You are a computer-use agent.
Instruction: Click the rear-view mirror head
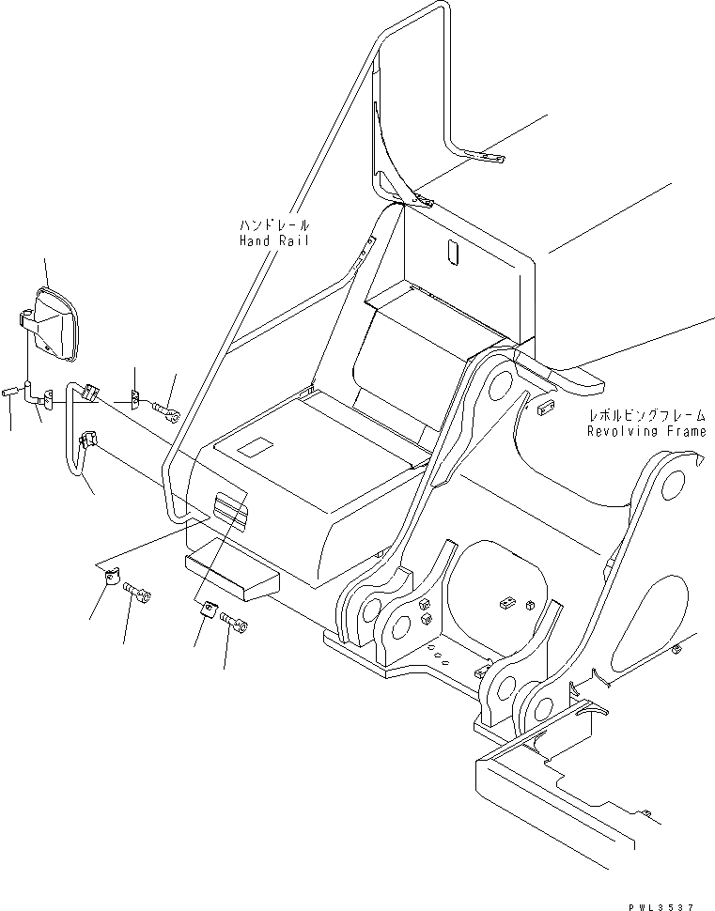click(57, 322)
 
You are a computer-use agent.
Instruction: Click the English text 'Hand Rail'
click(272, 241)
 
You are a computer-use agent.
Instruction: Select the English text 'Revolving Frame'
click(645, 431)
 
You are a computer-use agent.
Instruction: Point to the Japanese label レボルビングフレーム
click(645, 416)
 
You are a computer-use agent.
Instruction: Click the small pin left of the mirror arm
click(11, 391)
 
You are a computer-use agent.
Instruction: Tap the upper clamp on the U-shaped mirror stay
click(90, 393)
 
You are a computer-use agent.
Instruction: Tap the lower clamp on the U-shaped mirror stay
click(89, 439)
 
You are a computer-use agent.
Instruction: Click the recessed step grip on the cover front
click(229, 511)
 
